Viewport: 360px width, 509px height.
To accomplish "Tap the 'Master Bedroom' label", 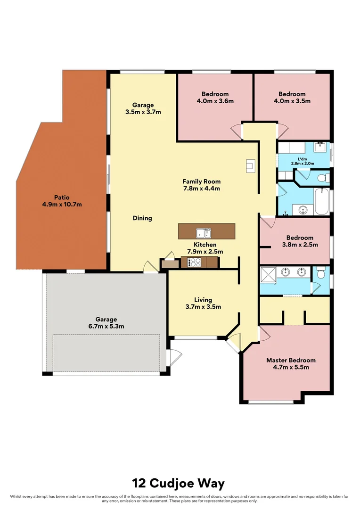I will (x=291, y=360).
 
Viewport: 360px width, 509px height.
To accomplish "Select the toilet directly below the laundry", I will (x=322, y=178).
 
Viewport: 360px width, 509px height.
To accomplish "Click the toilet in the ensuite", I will (x=321, y=272).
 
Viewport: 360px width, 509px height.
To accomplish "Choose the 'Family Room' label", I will (x=202, y=181).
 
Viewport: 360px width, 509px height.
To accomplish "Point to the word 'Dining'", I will (x=142, y=218).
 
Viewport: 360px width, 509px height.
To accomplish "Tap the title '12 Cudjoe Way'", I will (x=179, y=483).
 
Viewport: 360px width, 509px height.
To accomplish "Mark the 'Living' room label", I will (x=203, y=300).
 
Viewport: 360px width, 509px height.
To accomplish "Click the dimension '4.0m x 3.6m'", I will (x=215, y=101).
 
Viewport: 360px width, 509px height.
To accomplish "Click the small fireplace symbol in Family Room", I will (x=250, y=166).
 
